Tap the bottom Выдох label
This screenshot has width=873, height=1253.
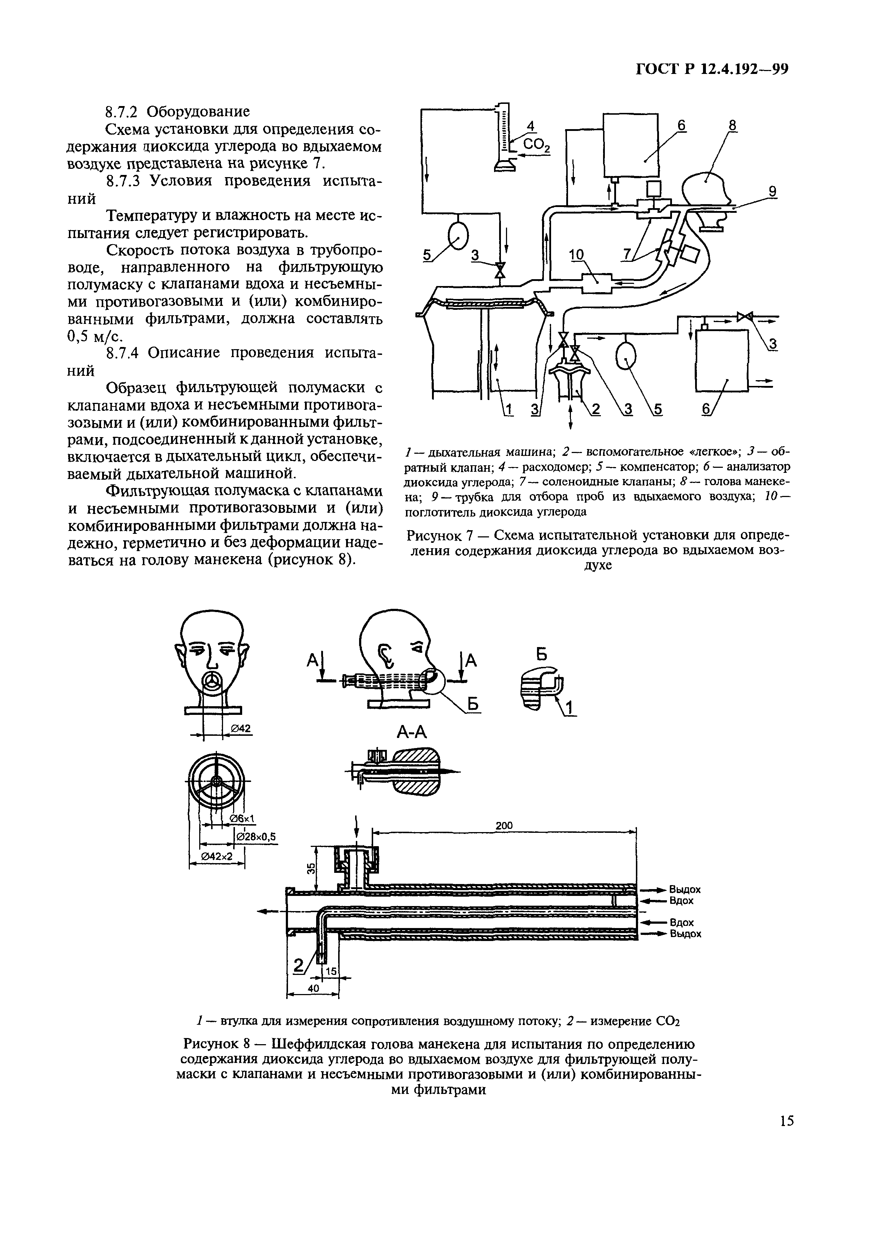coord(685,934)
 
